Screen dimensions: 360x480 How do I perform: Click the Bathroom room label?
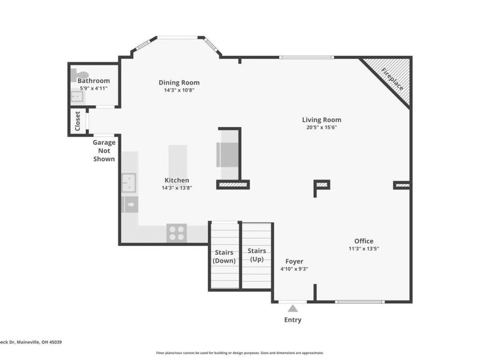click(93, 80)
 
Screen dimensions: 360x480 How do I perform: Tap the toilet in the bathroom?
click(74, 75)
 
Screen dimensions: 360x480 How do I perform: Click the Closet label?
click(77, 121)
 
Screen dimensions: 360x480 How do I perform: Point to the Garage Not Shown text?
click(103, 151)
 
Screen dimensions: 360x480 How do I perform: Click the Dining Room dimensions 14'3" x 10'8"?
click(179, 91)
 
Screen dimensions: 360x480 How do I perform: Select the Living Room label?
click(321, 119)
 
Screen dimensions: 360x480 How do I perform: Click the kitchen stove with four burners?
click(177, 232)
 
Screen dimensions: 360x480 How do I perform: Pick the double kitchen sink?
click(129, 182)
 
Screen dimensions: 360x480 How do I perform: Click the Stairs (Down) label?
click(224, 256)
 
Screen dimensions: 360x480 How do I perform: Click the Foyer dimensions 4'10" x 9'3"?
click(294, 269)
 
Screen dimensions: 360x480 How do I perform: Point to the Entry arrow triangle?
click(293, 308)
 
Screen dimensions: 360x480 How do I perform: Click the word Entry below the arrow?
click(293, 320)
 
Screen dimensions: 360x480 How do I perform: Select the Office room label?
click(363, 241)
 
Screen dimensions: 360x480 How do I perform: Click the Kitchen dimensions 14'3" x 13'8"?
click(176, 188)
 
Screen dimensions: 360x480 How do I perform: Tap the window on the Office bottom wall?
click(360, 301)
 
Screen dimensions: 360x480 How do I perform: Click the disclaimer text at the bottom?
click(240, 353)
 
